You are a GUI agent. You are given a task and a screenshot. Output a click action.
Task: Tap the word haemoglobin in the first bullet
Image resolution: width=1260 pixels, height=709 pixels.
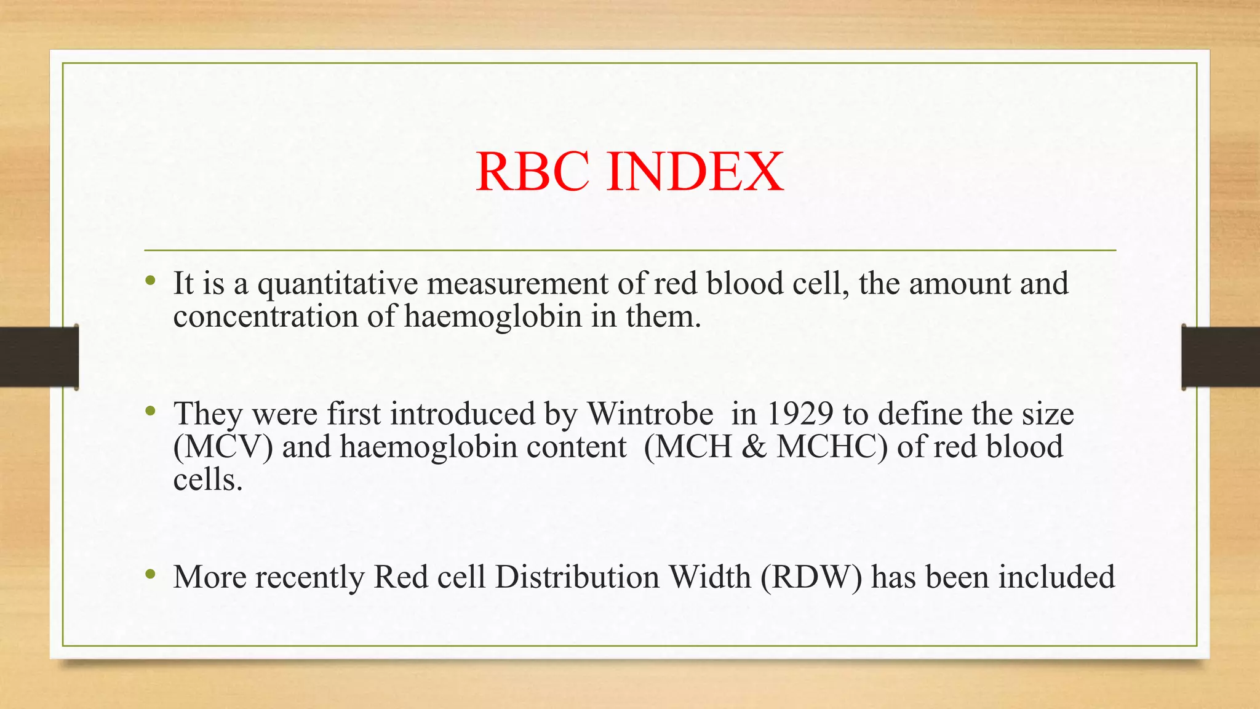(x=493, y=317)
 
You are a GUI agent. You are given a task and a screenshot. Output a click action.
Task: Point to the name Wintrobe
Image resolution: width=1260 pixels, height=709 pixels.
(x=650, y=414)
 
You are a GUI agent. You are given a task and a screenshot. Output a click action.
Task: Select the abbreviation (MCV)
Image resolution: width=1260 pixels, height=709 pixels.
(x=223, y=447)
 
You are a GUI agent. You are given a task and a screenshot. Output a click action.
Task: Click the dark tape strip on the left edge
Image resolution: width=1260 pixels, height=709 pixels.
(x=39, y=357)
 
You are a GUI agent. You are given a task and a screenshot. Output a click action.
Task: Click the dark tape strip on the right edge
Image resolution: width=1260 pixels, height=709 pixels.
(x=1221, y=357)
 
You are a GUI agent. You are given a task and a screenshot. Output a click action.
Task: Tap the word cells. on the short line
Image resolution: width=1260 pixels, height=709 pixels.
(x=208, y=480)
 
